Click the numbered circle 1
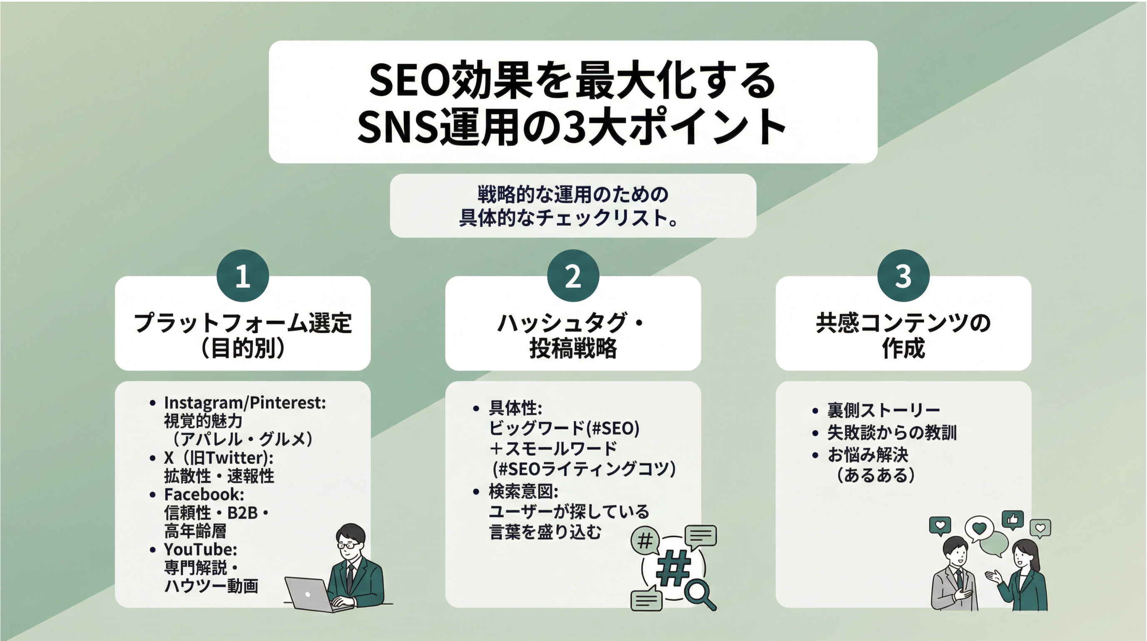[243, 276]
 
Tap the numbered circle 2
[573, 276]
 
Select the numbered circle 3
[903, 276]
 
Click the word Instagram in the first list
[204, 403]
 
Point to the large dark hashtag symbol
[673, 566]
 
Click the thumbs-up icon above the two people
[1012, 519]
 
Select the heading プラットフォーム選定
[243, 322]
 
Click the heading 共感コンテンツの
[903, 322]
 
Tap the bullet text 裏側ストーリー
[883, 410]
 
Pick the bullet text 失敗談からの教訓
[892, 432]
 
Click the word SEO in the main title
[410, 82]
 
